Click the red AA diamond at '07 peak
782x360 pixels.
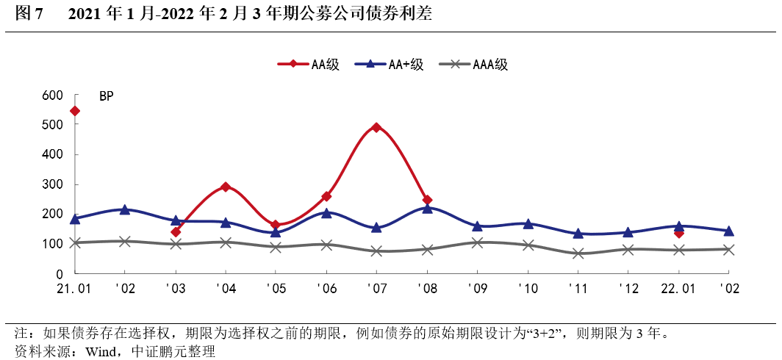pyautogui.click(x=376, y=127)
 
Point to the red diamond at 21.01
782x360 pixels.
pyautogui.click(x=75, y=111)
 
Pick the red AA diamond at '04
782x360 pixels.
pyautogui.click(x=226, y=187)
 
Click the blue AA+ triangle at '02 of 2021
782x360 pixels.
pyautogui.click(x=125, y=209)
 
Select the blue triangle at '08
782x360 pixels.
pyautogui.click(x=427, y=208)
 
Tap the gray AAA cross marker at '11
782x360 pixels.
pyautogui.click(x=578, y=253)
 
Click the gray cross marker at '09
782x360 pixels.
pyautogui.click(x=477, y=242)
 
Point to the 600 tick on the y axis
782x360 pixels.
pyautogui.click(x=53, y=96)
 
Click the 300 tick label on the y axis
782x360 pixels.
pyautogui.click(x=53, y=184)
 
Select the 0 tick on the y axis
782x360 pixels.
pyautogui.click(x=62, y=274)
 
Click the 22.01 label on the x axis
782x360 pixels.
pyautogui.click(x=678, y=289)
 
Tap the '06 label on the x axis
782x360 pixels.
pyautogui.click(x=326, y=289)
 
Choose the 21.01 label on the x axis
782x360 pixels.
pyautogui.click(x=75, y=289)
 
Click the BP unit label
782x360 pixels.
pyautogui.click(x=106, y=96)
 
